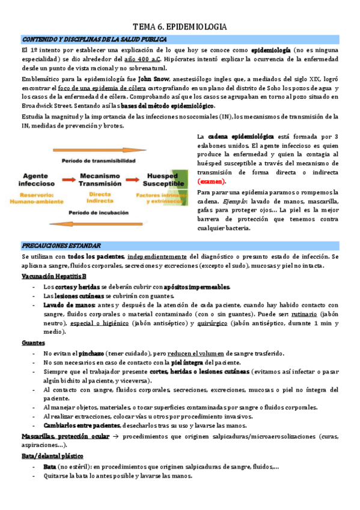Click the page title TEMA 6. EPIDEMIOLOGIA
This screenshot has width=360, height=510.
click(x=180, y=27)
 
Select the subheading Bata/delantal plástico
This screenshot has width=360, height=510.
click(x=52, y=456)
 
